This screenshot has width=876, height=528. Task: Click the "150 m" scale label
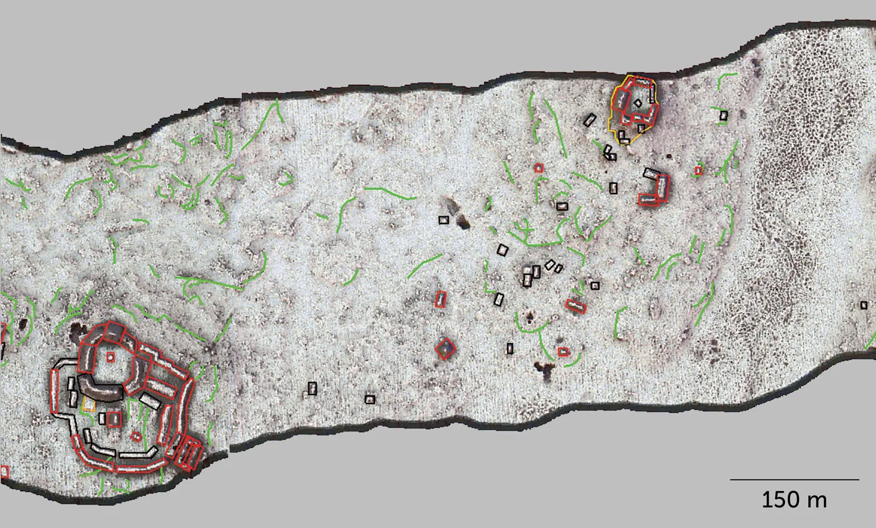click(794, 500)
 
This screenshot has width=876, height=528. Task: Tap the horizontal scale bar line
click(794, 479)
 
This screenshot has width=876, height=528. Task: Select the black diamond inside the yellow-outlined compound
click(637, 103)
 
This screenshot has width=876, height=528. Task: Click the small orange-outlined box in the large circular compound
click(89, 403)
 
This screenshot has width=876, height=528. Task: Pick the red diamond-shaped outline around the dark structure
click(446, 349)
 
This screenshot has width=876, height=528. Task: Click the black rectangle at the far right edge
click(864, 305)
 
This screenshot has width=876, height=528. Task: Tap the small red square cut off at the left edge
click(5, 471)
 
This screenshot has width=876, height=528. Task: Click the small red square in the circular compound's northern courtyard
click(110, 357)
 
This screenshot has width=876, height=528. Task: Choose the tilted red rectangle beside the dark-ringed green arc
click(576, 306)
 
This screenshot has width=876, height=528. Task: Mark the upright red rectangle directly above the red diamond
click(440, 299)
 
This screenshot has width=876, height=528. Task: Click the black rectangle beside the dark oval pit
click(443, 220)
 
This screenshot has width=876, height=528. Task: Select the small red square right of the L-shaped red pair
click(698, 171)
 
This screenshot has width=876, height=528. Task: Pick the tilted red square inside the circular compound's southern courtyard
click(136, 436)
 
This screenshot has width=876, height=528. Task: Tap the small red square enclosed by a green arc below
click(562, 352)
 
